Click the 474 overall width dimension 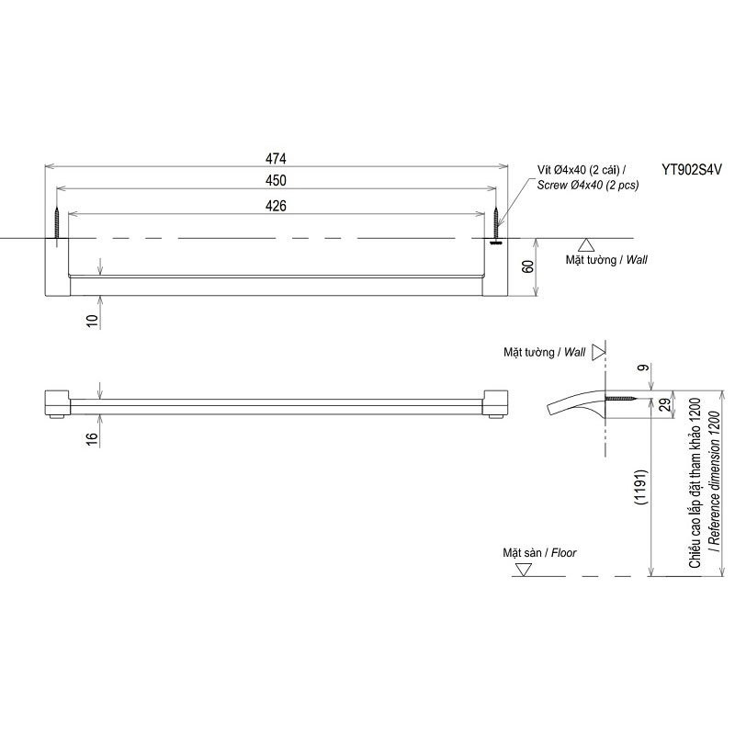click(x=276, y=158)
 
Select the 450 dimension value click(x=276, y=180)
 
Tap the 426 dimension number click(x=276, y=206)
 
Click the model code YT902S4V click(x=692, y=169)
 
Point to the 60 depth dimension click(x=527, y=266)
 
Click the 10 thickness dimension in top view click(x=93, y=321)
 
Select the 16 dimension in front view click(x=93, y=438)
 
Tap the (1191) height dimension click(x=640, y=487)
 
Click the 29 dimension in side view click(x=665, y=405)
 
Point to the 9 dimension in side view click(x=645, y=367)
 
